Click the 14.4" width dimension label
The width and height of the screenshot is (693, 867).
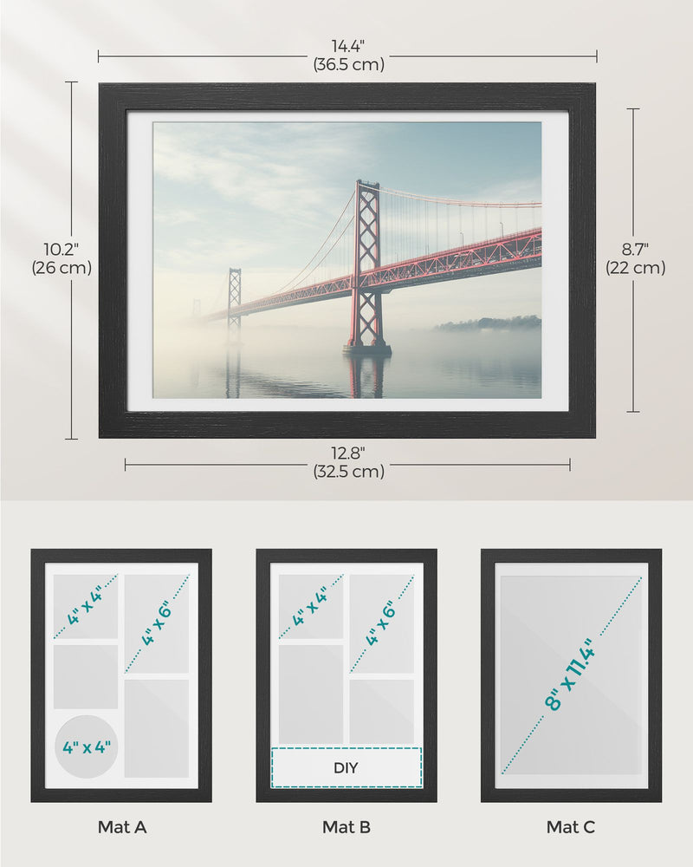(347, 45)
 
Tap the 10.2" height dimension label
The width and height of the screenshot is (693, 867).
(62, 250)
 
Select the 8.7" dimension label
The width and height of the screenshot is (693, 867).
(635, 250)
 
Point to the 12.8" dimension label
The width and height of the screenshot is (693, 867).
(347, 453)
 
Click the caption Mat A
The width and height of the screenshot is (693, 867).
(121, 827)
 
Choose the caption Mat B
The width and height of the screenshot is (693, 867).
(346, 827)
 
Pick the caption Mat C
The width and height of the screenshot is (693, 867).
(571, 827)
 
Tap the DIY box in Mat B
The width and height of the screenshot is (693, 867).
(346, 767)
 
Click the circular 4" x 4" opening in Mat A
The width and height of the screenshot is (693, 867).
(86, 746)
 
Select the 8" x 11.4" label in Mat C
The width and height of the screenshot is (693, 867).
(572, 675)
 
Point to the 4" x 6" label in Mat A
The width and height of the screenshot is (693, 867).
(157, 623)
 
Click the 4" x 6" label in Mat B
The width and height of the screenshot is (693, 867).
(382, 623)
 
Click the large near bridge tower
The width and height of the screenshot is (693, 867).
(366, 264)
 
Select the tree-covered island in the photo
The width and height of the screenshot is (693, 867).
(489, 323)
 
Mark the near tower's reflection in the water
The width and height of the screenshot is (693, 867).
(367, 375)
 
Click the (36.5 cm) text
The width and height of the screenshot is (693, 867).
(347, 64)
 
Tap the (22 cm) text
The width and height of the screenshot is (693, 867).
(635, 268)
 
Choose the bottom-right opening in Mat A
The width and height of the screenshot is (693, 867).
(157, 727)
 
